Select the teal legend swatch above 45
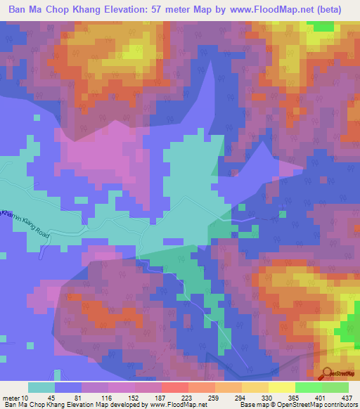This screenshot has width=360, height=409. tap(41, 387)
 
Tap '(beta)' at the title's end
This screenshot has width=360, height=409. tap(339, 11)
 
